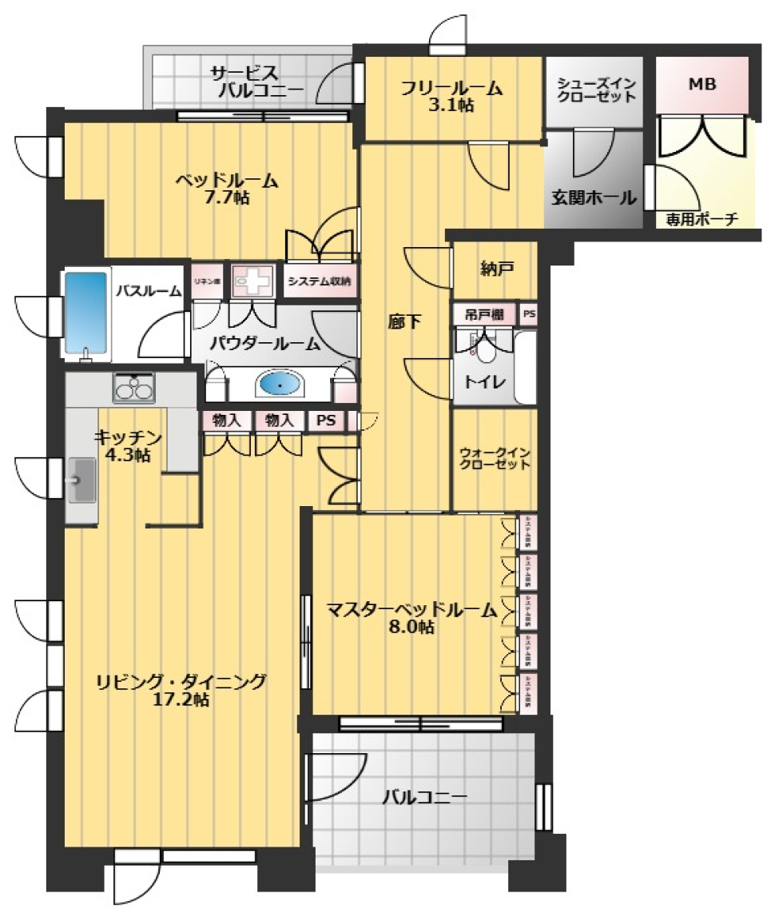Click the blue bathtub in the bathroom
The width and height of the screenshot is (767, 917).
click(85, 312)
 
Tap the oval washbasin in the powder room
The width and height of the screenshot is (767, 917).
click(280, 385)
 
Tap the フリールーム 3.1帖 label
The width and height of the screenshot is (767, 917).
click(452, 96)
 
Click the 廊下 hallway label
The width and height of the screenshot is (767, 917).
click(403, 321)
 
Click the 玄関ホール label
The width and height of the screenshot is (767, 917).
click(594, 197)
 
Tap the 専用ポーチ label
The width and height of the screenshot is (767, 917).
click(701, 218)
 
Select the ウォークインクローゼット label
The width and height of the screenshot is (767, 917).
click(495, 459)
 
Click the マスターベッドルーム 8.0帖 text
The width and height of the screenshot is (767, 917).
click(411, 619)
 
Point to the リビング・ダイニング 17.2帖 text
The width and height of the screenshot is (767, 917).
click(181, 690)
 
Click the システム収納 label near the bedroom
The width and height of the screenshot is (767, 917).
click(319, 281)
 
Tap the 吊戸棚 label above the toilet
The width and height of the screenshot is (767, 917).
click(483, 315)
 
